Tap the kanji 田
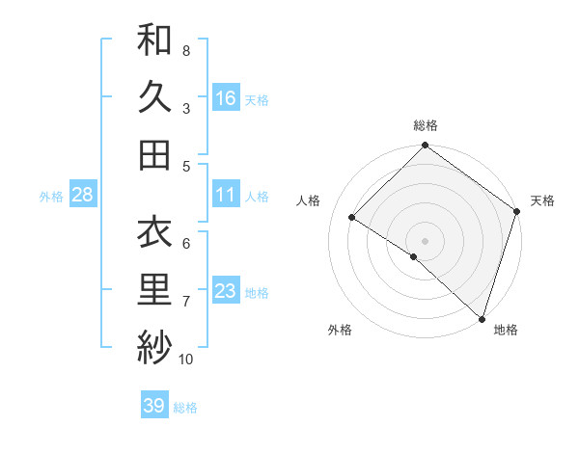pos(154,154)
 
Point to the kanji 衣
pos(154,232)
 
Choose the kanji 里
pos(154,290)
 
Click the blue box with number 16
pos(226,98)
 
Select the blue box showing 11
pos(226,195)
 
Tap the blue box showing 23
pos(226,291)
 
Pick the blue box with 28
pos(82,195)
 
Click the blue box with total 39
pos(153,406)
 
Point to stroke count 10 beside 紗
pos(185,360)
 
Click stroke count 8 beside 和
pos(185,50)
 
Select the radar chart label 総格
pos(426,125)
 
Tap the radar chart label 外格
pos(340,330)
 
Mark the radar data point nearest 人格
pos(352,217)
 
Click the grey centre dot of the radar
pos(425,240)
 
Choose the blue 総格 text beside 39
pos(185,408)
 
